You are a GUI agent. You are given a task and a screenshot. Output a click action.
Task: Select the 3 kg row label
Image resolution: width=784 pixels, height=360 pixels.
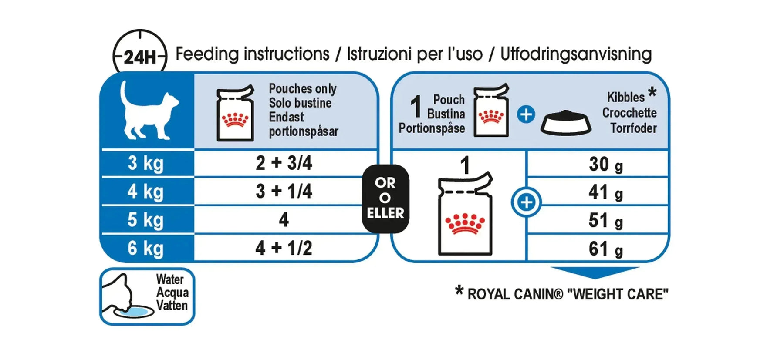coord(146,163)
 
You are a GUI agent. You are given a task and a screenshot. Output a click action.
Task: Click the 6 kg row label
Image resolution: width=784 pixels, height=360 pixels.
coord(146,249)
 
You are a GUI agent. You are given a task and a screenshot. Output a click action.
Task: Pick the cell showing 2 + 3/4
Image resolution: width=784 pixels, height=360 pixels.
coord(284,163)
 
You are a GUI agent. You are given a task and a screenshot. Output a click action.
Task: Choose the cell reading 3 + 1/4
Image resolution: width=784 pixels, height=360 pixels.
coord(284,192)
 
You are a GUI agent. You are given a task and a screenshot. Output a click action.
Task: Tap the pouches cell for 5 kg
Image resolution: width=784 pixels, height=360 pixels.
coord(284,220)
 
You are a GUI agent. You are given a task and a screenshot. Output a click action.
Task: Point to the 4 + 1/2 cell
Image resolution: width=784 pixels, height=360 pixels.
coord(284,248)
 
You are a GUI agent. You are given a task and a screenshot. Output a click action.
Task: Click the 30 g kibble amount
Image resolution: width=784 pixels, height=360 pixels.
coord(606,165)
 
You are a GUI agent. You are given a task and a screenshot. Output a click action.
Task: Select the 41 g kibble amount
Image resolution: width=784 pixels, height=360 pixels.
coord(606,192)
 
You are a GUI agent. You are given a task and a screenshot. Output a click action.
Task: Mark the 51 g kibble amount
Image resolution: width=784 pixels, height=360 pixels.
coord(606,221)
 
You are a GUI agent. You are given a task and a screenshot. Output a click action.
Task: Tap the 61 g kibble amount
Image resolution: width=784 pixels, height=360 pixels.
coord(606,249)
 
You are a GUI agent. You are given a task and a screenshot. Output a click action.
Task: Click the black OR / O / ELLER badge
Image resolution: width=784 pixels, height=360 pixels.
coord(385,199)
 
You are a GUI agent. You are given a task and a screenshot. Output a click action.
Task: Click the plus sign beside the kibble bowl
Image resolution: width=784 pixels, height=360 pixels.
coord(526,114)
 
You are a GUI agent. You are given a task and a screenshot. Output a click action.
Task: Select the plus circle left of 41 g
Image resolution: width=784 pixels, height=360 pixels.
coord(527,202)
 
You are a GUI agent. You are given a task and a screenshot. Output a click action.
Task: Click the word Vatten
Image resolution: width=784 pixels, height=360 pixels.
coord(172,306)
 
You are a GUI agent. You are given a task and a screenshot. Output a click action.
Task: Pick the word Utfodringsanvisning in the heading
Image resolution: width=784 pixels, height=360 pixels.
coord(576,54)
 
